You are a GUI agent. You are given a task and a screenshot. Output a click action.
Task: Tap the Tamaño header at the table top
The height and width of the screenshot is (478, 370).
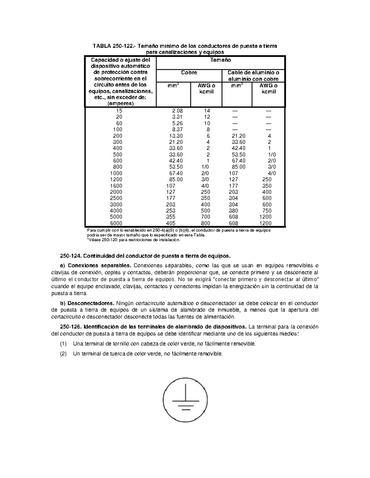point(220,60)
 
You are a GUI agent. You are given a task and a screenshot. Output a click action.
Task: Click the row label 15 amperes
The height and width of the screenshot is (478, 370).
point(119,111)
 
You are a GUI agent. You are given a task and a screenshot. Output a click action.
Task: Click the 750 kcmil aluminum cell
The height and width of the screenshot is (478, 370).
point(267,211)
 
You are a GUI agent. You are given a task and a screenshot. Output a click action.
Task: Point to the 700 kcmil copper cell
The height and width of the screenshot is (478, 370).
point(205,217)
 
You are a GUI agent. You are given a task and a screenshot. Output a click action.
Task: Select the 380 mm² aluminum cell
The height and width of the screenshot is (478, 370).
point(233,211)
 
